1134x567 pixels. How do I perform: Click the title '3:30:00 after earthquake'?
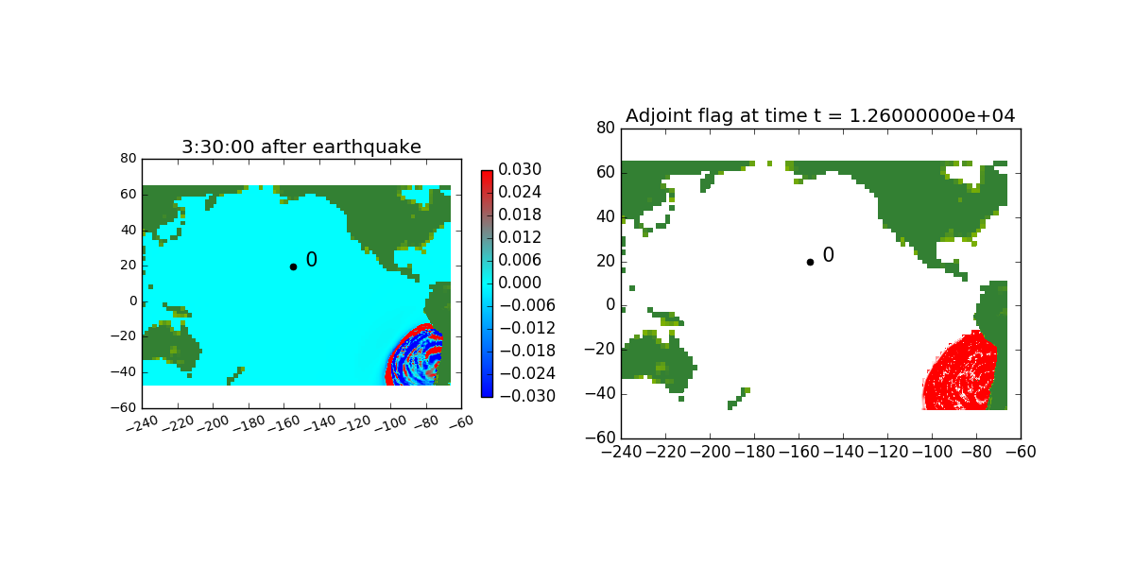301,146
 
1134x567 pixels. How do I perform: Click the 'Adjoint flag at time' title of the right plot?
820,115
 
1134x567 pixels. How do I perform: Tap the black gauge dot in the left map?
293,266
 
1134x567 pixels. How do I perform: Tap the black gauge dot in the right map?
810,262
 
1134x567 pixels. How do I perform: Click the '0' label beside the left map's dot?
311,260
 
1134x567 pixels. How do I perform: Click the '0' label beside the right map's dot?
828,255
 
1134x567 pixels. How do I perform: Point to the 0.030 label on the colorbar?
520,170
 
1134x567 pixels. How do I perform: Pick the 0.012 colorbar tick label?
520,237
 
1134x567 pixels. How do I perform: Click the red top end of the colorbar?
487,176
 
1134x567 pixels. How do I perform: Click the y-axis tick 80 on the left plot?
129,159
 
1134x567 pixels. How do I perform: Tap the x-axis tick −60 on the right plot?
1020,452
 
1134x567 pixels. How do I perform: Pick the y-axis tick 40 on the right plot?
606,216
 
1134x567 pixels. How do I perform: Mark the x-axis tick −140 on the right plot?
843,452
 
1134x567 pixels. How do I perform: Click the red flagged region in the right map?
959,373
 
